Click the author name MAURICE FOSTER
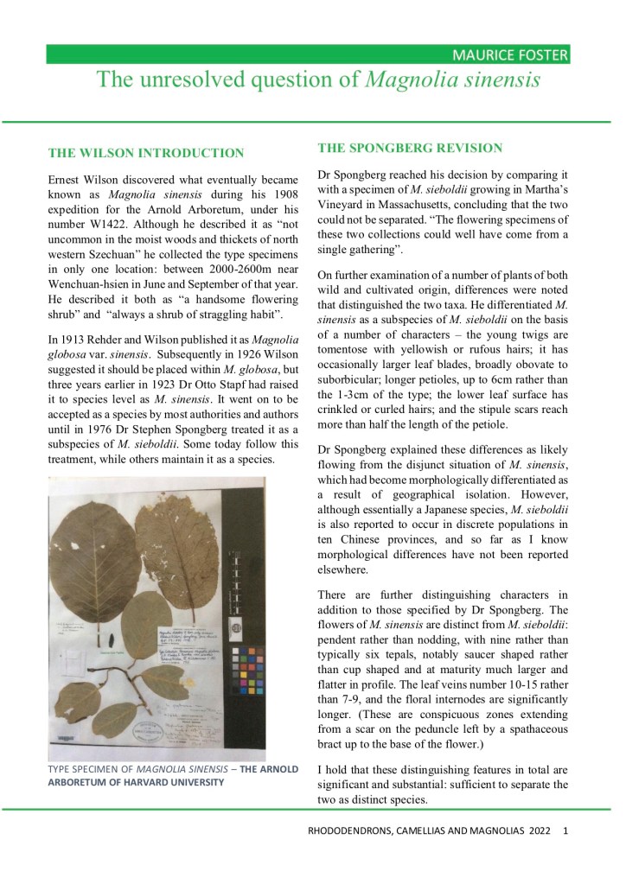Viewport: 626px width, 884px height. point(510,56)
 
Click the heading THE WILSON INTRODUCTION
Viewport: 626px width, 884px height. point(146,153)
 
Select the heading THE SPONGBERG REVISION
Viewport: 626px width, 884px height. point(410,147)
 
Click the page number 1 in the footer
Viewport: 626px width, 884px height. point(565,832)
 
